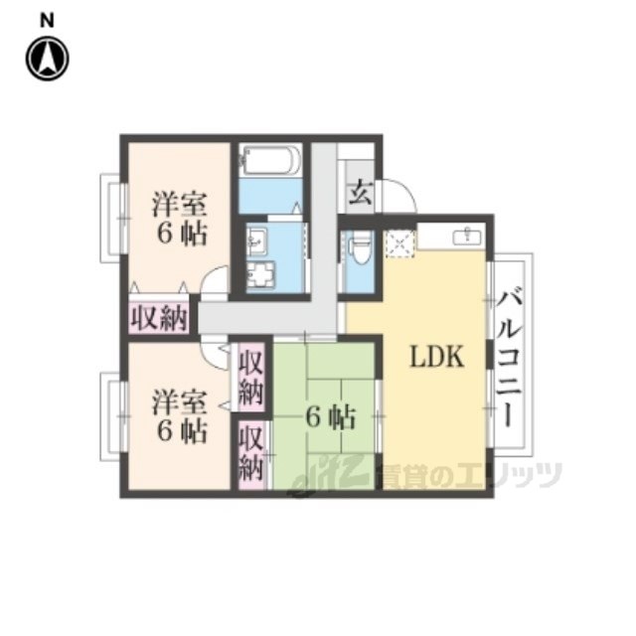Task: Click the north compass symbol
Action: point(48,59)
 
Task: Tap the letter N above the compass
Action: point(47,21)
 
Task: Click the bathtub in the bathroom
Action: point(270,160)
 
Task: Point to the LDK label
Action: point(437,357)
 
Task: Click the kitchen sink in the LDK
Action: point(467,236)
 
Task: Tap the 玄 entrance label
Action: point(360,193)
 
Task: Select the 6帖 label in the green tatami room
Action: point(331,417)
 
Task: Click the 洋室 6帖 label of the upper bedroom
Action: point(180,219)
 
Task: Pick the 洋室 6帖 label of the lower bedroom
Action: point(180,416)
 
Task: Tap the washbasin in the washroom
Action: point(256,240)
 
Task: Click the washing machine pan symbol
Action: point(261,275)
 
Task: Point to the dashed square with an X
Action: point(399,243)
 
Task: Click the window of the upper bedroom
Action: point(113,219)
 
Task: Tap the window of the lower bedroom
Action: point(113,416)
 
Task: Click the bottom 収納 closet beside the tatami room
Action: point(251,455)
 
